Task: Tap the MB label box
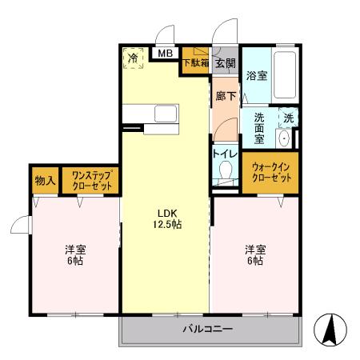click(165, 54)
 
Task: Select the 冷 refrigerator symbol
click(134, 58)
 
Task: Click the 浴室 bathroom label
click(256, 77)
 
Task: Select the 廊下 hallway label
click(225, 95)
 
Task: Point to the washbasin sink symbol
click(285, 138)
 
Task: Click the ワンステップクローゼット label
click(90, 180)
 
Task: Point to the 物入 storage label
click(45, 181)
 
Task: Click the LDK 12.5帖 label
click(166, 218)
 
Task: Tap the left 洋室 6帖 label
click(74, 254)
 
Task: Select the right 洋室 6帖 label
click(254, 254)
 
